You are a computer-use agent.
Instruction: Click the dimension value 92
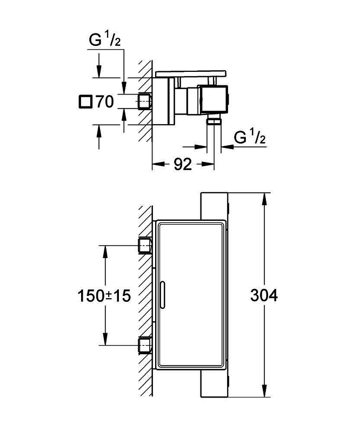183,165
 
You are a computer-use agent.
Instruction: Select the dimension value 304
264,295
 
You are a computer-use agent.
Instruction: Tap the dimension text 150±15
104,296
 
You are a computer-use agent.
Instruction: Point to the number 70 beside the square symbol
104,102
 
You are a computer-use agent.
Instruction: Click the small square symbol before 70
85,102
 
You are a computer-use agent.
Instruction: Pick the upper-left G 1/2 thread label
105,40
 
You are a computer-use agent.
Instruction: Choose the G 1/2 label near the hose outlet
250,137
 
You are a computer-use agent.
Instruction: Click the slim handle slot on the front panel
162,294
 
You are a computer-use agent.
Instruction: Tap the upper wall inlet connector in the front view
145,246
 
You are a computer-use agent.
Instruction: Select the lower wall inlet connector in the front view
145,345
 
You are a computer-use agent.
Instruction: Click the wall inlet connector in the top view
145,102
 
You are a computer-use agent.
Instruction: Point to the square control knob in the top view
215,99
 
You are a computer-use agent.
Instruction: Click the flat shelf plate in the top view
191,74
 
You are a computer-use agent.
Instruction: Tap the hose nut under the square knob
215,120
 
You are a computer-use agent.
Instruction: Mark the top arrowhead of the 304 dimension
264,199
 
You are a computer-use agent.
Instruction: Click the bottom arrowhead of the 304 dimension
264,391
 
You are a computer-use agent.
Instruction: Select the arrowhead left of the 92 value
158,164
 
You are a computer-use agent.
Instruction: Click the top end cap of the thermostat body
215,206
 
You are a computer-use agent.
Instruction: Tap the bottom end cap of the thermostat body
215,383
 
